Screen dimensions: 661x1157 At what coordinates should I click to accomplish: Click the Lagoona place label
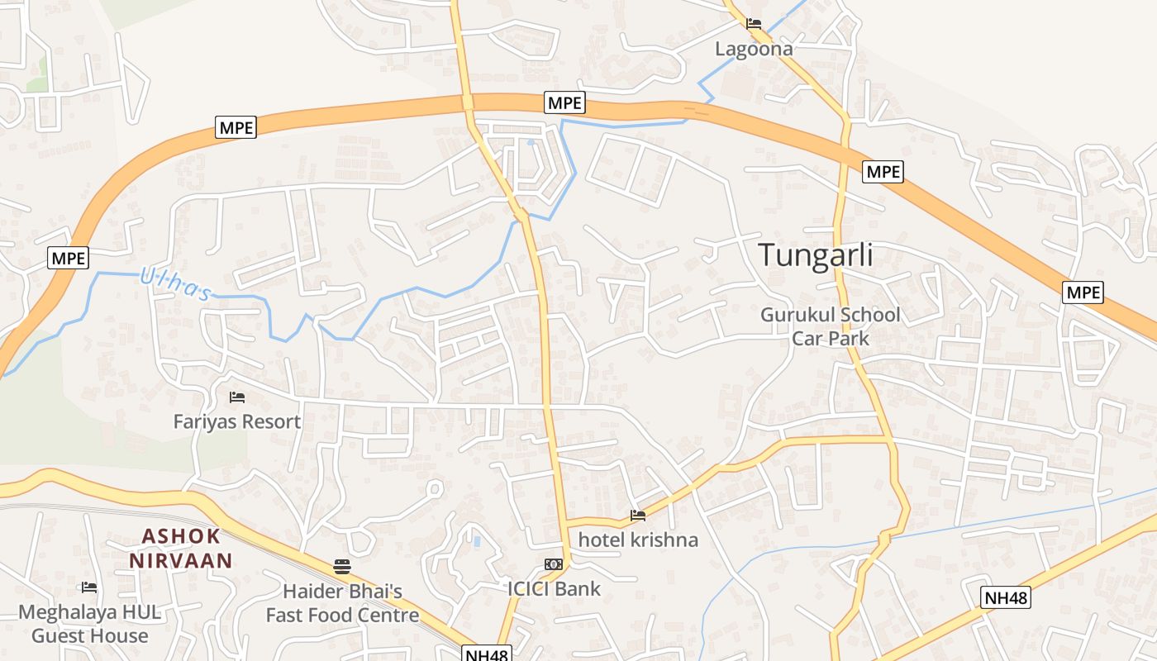coord(753,49)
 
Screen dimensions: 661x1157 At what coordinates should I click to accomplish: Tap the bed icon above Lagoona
coord(753,24)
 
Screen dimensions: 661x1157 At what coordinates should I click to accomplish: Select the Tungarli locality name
coord(815,254)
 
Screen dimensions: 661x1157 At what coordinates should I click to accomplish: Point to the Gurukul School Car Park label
coord(830,326)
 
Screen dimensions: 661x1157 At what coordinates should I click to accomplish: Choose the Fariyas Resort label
coord(236,421)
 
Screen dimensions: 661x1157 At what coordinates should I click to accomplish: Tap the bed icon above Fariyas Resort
coord(237,397)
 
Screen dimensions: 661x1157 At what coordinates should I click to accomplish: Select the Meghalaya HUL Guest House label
coord(89,624)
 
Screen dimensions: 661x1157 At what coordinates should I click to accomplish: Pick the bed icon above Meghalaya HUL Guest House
coord(89,587)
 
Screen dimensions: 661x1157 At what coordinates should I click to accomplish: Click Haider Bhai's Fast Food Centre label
coord(342,603)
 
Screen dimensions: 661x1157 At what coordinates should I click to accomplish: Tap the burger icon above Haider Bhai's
coord(342,566)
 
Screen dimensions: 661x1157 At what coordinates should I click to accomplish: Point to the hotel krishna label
coord(638,540)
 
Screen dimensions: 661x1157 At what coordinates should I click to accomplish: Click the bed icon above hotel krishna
coord(638,516)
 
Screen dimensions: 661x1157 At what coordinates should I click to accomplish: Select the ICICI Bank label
coord(554,589)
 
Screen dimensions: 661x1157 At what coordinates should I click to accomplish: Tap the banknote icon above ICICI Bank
coord(554,564)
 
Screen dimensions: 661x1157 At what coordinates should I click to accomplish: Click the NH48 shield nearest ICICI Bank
coord(487,654)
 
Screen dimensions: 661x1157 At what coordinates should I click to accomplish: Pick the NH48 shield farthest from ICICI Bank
coord(1007,597)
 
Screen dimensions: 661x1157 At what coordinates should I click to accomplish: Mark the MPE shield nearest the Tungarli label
coord(883,172)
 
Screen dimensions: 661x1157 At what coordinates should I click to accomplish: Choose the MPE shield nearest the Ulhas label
coord(68,258)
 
